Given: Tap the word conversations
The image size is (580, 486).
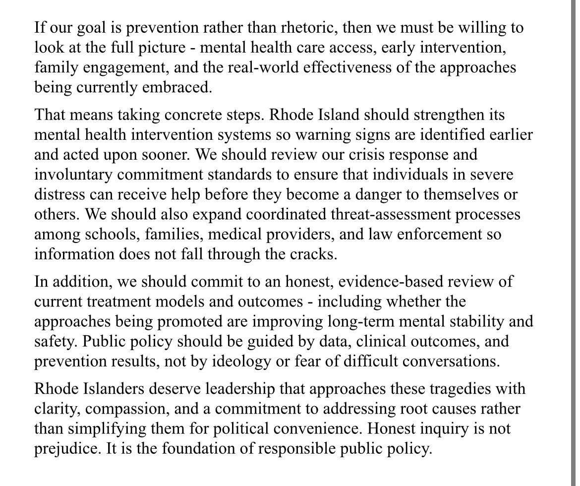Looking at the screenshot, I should click(x=450, y=361).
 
